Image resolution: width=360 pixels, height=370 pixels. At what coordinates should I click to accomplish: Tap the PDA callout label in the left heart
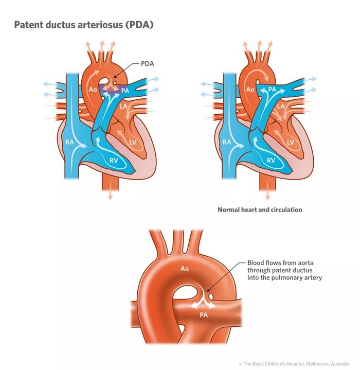pyautogui.click(x=148, y=64)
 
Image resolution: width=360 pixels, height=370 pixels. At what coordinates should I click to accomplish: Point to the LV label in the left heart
pyautogui.click(x=132, y=142)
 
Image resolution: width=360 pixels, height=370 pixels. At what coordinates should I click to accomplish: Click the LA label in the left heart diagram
pyautogui.click(x=123, y=106)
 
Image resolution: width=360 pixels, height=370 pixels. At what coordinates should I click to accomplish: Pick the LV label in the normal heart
pyautogui.click(x=290, y=142)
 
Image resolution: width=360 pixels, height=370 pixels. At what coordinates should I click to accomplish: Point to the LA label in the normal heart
pyautogui.click(x=281, y=106)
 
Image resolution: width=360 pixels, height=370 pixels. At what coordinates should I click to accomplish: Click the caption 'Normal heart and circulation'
pyautogui.click(x=260, y=210)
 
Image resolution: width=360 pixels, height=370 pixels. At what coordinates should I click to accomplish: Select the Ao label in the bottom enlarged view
pyautogui.click(x=185, y=268)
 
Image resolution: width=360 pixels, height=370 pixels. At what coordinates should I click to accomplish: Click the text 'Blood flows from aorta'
pyautogui.click(x=278, y=262)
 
